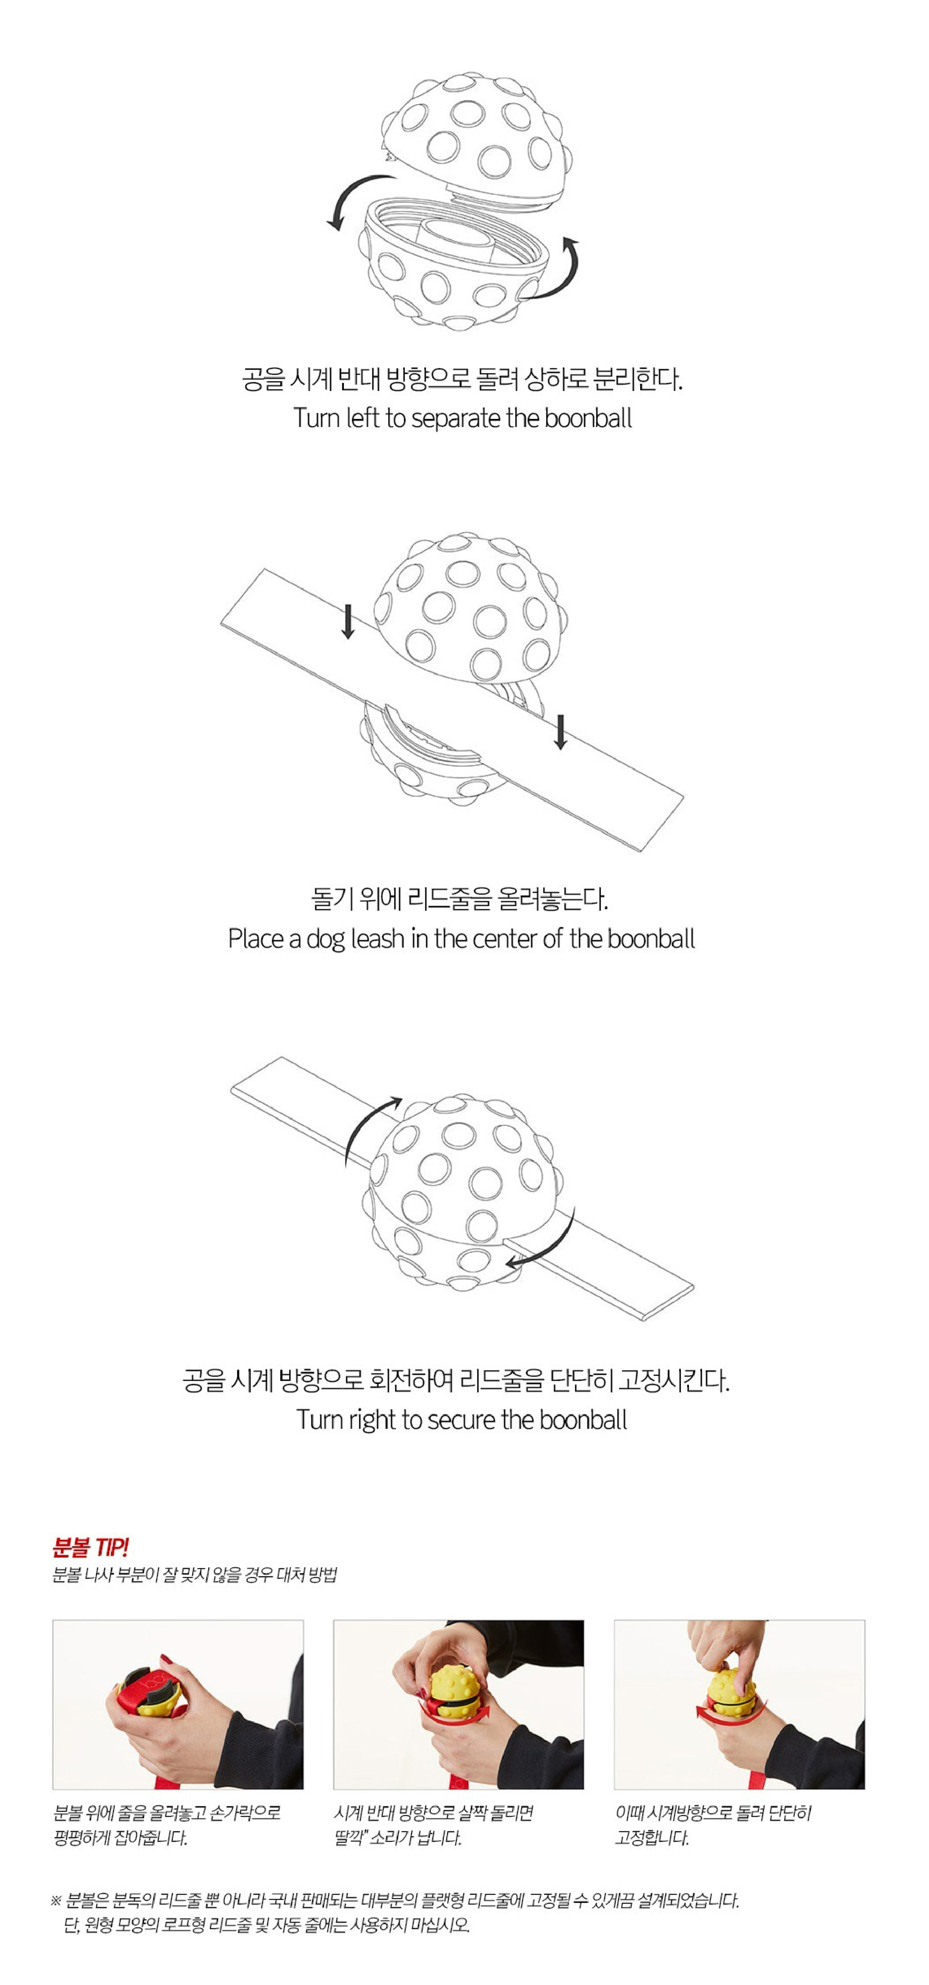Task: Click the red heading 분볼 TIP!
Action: click(90, 1547)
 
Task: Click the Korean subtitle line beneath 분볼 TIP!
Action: click(194, 1574)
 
